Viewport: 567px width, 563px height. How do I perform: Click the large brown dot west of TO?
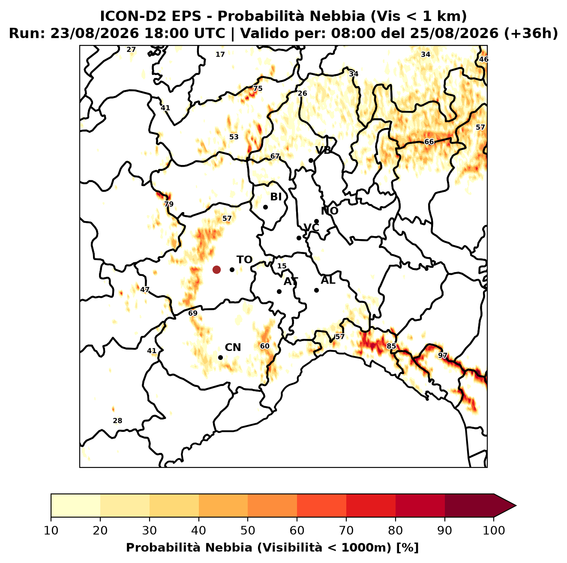pos(216,270)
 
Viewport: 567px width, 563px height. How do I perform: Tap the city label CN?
pos(233,347)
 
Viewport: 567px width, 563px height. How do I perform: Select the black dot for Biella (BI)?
pos(265,207)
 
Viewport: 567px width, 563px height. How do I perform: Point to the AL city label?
pos(328,280)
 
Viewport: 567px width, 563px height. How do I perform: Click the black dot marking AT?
pos(279,292)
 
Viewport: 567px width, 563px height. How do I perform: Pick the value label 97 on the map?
pos(443,356)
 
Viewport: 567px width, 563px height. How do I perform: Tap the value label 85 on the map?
pos(391,346)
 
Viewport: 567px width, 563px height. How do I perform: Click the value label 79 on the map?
pos(169,204)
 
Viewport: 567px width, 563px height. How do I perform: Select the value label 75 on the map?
pos(258,89)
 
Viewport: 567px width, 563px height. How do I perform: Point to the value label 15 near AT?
pos(282,266)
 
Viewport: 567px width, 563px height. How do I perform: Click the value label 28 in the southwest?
pos(117,421)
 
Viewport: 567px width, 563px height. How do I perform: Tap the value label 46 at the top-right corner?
pos(484,60)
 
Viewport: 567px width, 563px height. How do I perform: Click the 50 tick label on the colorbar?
pos(248,530)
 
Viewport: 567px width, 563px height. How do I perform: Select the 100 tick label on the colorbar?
pos(494,530)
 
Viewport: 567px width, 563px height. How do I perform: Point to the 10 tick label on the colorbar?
pos(51,530)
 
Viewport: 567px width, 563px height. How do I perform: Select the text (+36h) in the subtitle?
pos(531,33)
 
